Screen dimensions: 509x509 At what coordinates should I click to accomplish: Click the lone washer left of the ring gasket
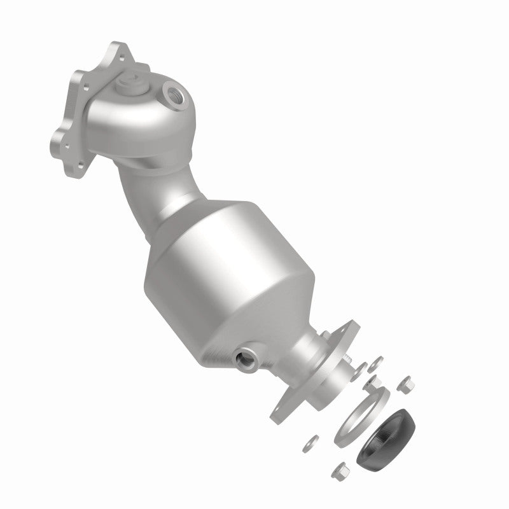pyautogui.click(x=312, y=439)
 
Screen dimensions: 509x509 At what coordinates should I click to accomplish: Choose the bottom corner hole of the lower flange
pyautogui.click(x=279, y=417)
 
